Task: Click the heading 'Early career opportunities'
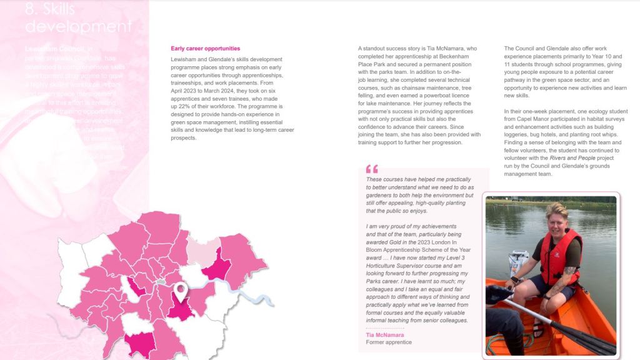point(205,49)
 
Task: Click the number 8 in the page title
point(31,9)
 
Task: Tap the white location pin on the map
point(181,291)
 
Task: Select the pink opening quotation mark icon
point(372,169)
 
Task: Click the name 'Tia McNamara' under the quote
point(384,335)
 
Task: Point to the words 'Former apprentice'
point(389,342)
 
